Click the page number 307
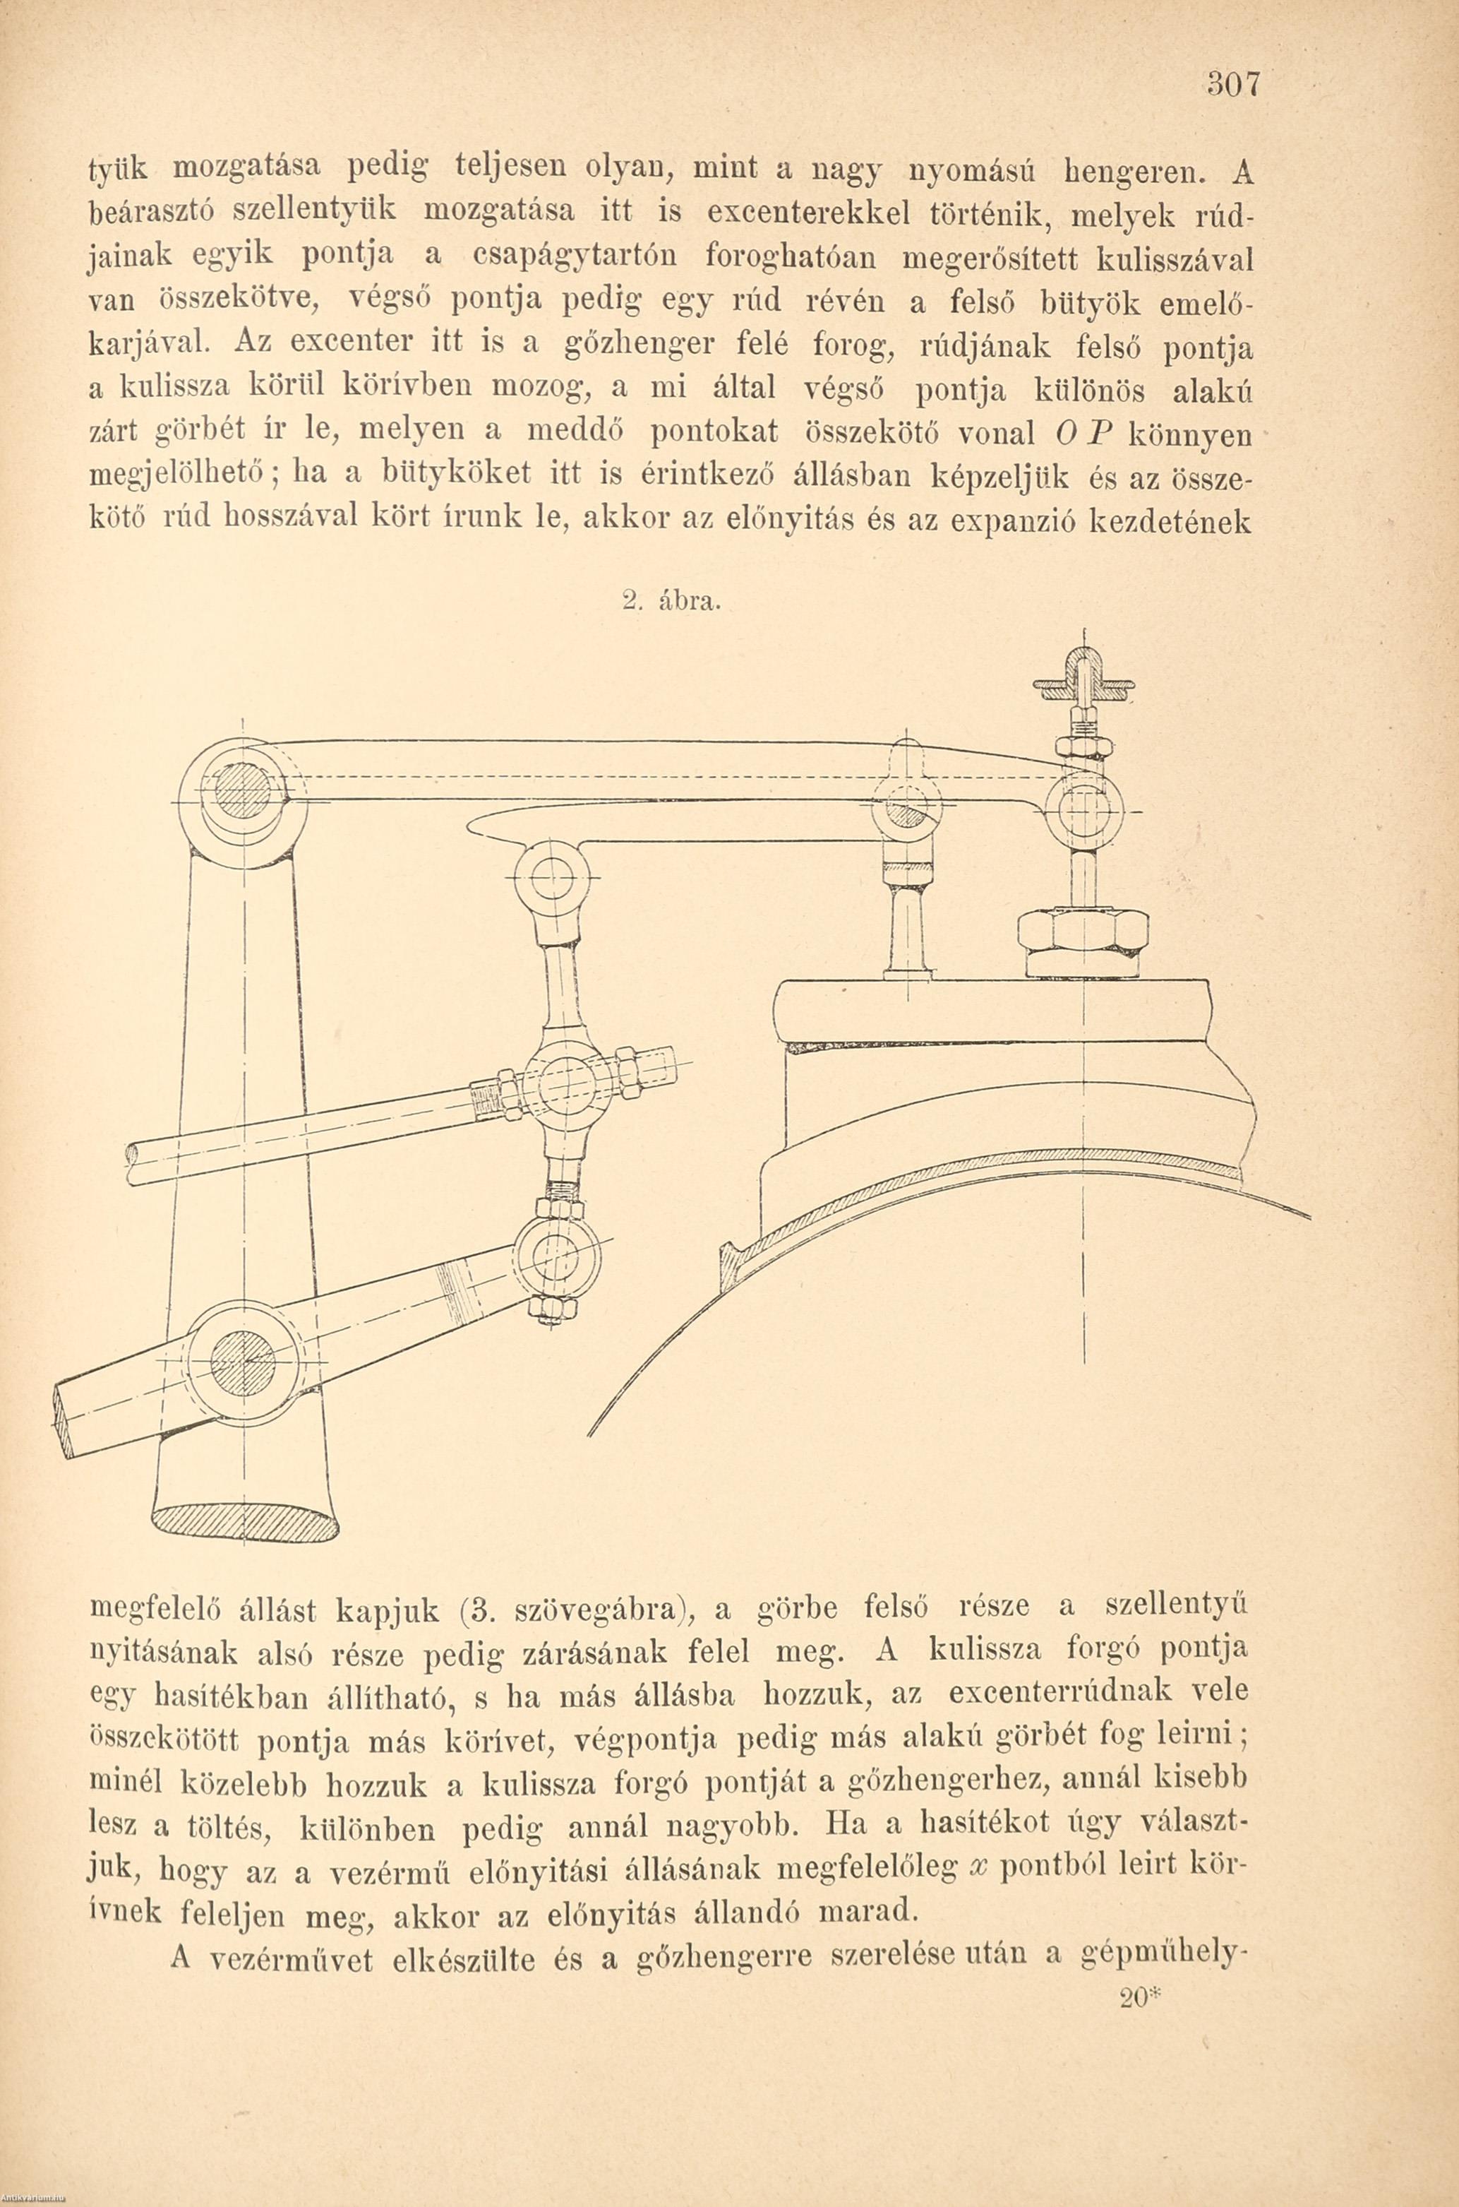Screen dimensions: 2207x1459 pos(1233,84)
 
